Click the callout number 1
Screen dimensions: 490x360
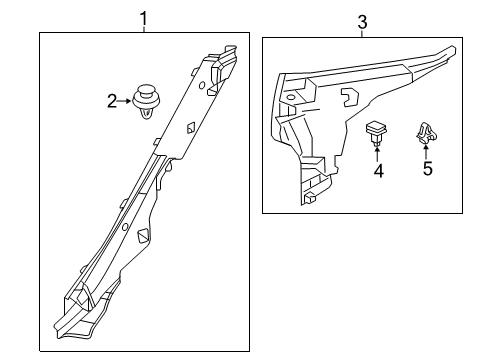click(144, 19)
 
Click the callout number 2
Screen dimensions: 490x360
click(112, 101)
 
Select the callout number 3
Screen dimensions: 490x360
click(362, 23)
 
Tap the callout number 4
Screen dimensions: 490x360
click(379, 171)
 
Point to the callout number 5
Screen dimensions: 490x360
click(428, 168)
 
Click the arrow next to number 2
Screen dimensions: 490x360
click(125, 101)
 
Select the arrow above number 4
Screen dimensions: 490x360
click(377, 153)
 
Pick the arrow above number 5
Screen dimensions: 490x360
click(426, 151)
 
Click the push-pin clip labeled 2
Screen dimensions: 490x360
click(147, 101)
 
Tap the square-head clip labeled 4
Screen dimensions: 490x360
click(377, 132)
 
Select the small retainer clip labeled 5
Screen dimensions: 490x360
click(426, 133)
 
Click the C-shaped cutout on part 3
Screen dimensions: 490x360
click(349, 97)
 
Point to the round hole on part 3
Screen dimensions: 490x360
click(291, 97)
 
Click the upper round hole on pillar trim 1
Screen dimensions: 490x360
click(202, 86)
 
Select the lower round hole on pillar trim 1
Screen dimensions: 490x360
click(125, 227)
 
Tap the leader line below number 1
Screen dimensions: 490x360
click(144, 29)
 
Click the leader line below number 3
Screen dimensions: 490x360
click(362, 34)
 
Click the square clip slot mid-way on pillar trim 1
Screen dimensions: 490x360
click(191, 128)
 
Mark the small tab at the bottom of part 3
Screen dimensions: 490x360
click(310, 198)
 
